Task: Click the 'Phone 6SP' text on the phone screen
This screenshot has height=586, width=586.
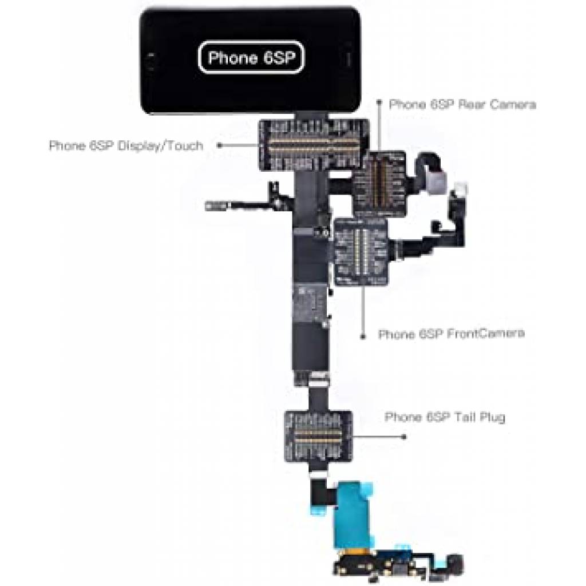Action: pyautogui.click(x=250, y=58)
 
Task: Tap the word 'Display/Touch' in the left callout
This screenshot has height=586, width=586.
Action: pyautogui.click(x=160, y=145)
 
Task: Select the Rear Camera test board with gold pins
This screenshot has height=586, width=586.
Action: pyautogui.click(x=378, y=183)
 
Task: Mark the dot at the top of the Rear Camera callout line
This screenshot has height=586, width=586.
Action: pyautogui.click(x=378, y=101)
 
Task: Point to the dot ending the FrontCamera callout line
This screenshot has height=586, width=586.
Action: pyautogui.click(x=362, y=338)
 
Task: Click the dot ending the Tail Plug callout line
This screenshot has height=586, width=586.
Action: pyautogui.click(x=405, y=437)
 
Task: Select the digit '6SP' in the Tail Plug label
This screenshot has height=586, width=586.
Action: pyautogui.click(x=439, y=417)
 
